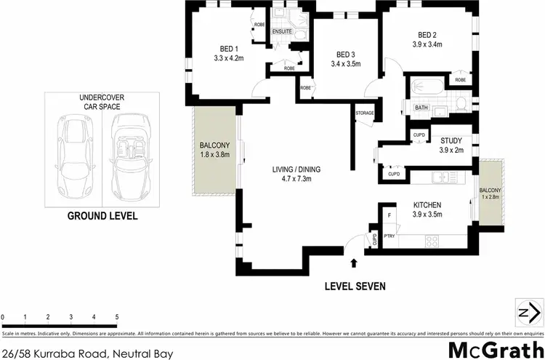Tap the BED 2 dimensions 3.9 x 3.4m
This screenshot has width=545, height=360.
[x=427, y=44]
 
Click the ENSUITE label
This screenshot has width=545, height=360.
[x=283, y=32]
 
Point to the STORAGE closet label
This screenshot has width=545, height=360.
[x=365, y=113]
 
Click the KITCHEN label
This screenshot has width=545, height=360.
[x=428, y=204]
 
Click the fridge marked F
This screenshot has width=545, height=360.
[x=389, y=216]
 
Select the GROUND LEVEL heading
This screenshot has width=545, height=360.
[x=102, y=216]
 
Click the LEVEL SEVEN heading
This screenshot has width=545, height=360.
[x=355, y=286]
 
